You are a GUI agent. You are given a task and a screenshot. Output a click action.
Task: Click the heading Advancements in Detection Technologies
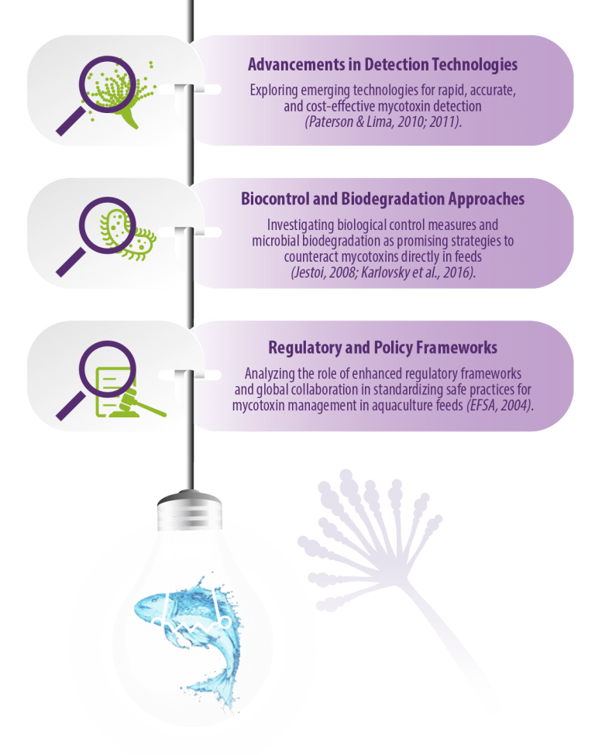[x=383, y=64]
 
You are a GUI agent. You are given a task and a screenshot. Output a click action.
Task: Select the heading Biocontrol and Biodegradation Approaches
[x=383, y=199]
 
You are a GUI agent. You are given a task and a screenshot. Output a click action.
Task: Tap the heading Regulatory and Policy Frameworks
[x=383, y=347]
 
